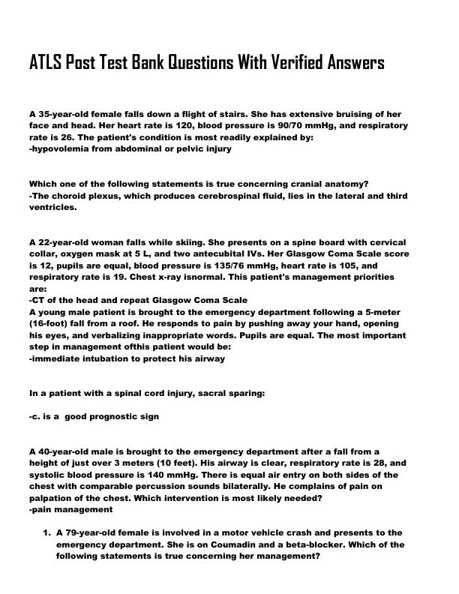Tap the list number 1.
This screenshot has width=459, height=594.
coord(46,533)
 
